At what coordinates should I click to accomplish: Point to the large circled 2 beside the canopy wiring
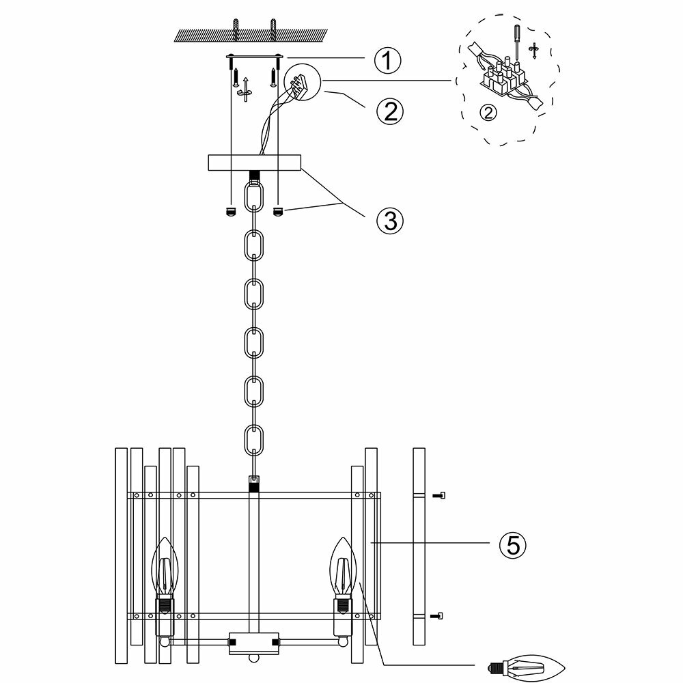389,111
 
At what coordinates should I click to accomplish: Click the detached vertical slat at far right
419,546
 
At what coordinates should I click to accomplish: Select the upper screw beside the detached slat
439,494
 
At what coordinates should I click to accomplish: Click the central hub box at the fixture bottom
255,642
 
